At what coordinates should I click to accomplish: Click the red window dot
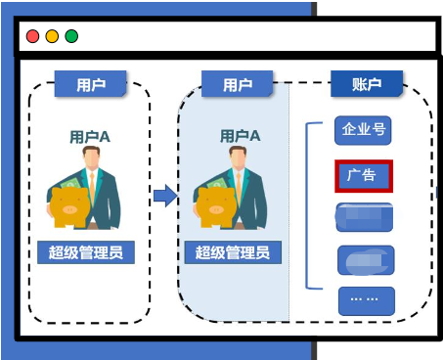point(32,37)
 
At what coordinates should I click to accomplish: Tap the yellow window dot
point(52,37)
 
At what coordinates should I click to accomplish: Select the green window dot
point(71,37)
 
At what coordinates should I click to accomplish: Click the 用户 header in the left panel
point(91,84)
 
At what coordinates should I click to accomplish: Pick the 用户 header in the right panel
point(238,84)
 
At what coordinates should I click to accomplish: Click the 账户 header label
point(366,84)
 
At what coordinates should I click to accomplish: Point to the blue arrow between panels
point(165,196)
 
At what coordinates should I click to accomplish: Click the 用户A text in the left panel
point(90,136)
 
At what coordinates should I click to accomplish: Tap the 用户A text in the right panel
point(241,136)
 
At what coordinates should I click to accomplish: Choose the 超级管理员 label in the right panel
point(233,252)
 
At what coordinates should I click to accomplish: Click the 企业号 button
point(364,130)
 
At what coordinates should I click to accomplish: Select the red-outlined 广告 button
point(364,176)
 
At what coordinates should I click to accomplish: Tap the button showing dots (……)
point(366,299)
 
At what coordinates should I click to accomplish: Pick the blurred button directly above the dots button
point(366,260)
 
